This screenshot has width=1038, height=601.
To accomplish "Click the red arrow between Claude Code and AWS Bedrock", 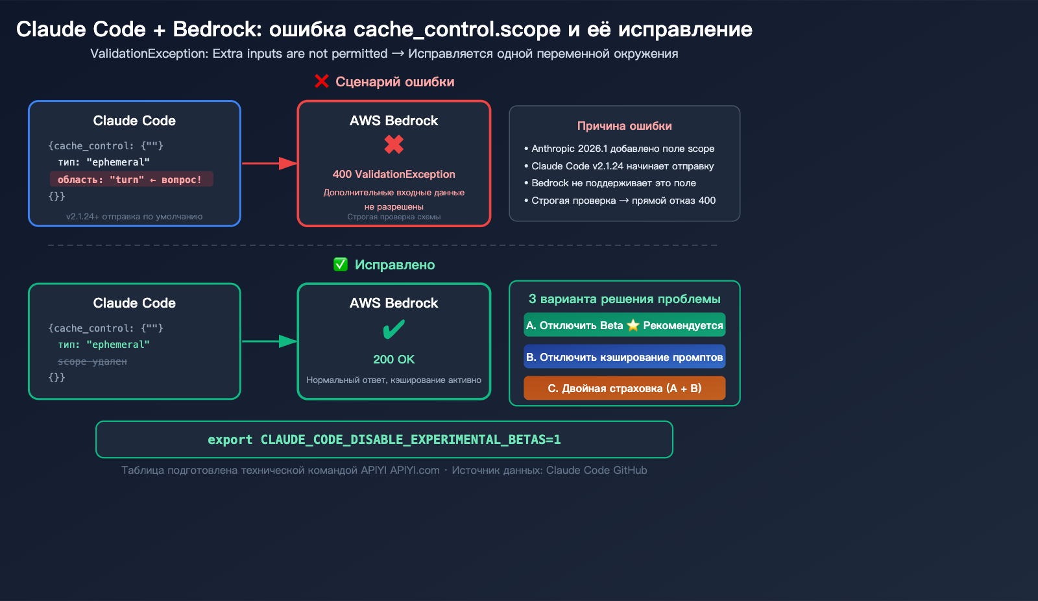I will [x=269, y=164].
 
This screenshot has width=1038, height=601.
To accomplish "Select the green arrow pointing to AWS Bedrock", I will [x=269, y=341].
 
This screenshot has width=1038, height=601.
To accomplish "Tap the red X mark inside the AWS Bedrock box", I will [x=394, y=144].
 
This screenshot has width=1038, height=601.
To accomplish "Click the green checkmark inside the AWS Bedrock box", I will [x=394, y=330].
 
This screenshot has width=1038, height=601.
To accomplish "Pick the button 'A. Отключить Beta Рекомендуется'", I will [x=624, y=325].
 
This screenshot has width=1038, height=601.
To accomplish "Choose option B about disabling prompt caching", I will [x=624, y=357].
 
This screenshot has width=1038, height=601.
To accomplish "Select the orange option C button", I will [x=624, y=388].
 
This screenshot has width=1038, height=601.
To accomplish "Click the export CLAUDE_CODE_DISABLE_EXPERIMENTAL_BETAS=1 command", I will [x=384, y=439].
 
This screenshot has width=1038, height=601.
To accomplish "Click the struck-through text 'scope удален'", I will [x=92, y=362].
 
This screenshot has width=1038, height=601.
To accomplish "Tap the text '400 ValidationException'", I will [x=394, y=174].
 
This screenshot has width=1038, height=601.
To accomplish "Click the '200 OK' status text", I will [x=394, y=360].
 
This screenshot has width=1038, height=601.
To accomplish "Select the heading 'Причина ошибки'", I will [x=624, y=126].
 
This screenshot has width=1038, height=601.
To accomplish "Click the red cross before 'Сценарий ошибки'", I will [x=322, y=81].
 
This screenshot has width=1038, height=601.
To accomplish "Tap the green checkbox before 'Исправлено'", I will [x=341, y=264].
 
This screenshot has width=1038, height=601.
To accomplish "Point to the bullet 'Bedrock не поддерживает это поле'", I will [x=613, y=183].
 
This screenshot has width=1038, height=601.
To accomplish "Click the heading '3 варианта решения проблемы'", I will [x=624, y=299].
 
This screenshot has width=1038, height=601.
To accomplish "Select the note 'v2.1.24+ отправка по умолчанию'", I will [x=134, y=217].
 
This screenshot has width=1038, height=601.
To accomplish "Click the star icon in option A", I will [x=633, y=325].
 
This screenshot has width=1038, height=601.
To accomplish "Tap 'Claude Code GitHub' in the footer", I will [x=596, y=470].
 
